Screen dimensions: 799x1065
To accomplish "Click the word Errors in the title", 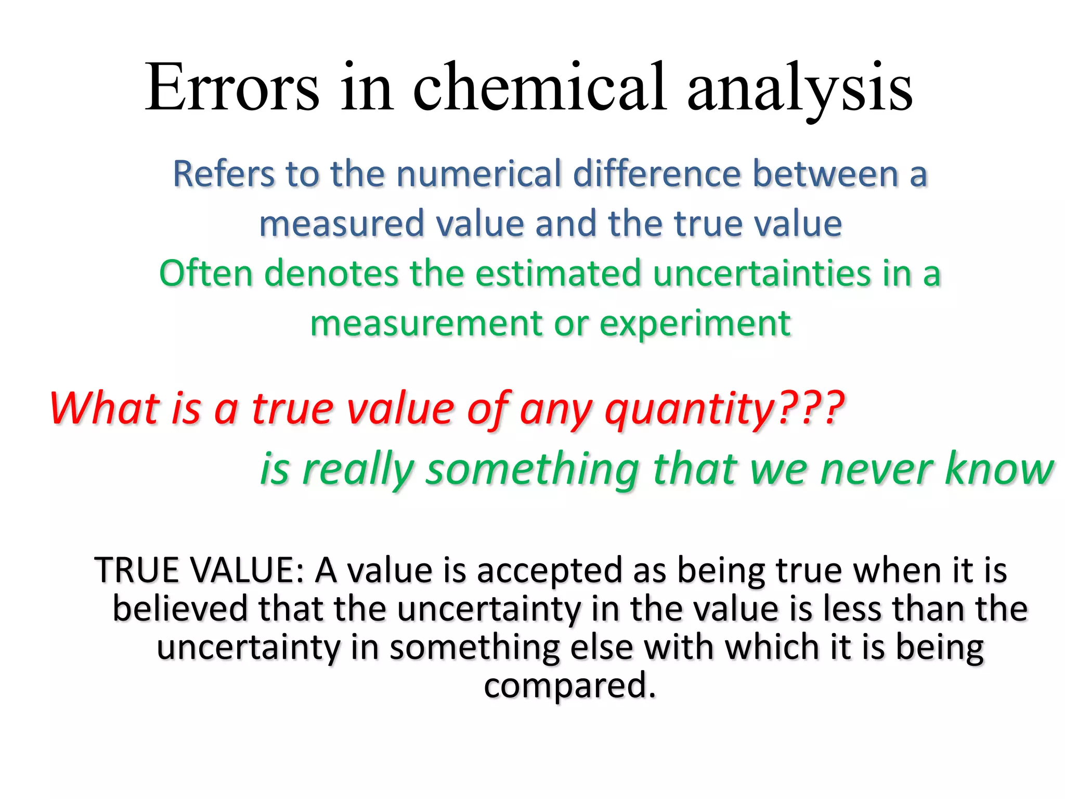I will (232, 88).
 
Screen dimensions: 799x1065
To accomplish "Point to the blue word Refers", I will (224, 174).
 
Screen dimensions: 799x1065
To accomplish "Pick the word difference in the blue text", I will (657, 174).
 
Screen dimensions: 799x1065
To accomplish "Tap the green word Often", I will (205, 273).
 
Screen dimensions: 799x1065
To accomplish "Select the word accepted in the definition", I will (551, 571).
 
